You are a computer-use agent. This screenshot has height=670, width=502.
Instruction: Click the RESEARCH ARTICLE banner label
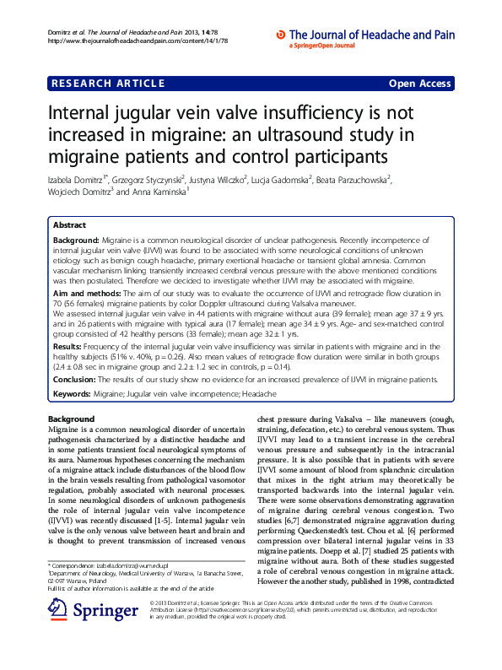tap(107, 83)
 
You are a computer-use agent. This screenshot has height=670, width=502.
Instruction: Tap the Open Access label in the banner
tap(419, 83)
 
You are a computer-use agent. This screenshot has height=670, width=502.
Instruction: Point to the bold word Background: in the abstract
tap(77, 240)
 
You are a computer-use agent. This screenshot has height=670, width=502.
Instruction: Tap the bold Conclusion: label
tap(77, 379)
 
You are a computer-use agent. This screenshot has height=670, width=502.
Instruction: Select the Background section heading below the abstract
tap(71, 419)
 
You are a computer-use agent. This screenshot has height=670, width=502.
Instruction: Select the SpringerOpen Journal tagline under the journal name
tap(326, 46)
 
